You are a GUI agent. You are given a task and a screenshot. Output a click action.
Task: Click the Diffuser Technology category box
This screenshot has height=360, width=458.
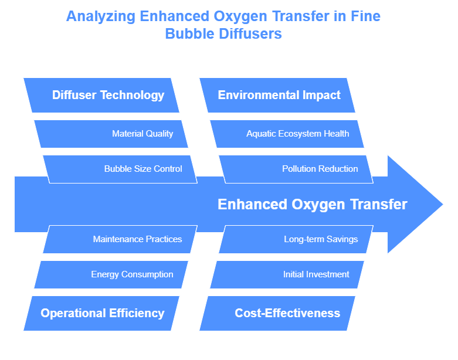click(101, 95)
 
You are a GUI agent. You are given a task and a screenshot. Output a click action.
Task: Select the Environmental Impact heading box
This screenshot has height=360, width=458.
click(277, 95)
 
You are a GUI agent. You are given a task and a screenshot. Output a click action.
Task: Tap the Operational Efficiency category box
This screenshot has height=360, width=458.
click(101, 313)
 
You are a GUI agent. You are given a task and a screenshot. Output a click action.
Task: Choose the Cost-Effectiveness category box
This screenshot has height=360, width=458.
click(277, 313)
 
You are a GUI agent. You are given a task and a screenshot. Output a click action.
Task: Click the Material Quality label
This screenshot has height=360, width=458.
click(143, 134)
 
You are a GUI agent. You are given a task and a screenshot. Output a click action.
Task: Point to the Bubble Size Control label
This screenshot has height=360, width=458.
click(143, 169)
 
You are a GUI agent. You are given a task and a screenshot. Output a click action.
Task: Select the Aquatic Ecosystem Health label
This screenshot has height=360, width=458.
click(298, 134)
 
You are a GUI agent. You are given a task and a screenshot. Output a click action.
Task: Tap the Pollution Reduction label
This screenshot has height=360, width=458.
click(320, 169)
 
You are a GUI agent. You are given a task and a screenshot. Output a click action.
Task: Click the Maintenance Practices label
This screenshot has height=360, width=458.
click(137, 239)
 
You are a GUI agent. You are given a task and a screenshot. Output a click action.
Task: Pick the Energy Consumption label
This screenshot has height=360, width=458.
click(132, 274)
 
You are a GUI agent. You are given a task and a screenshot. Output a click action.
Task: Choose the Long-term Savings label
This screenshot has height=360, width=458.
click(321, 239)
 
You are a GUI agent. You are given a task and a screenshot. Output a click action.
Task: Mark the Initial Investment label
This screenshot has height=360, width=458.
click(316, 274)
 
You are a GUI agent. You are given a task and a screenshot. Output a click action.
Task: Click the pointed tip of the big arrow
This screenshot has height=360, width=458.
click(443, 204)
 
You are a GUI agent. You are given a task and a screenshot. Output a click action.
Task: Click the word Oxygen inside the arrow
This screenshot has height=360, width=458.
click(318, 205)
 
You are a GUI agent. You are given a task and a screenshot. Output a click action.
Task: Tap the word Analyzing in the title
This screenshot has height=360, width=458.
click(101, 16)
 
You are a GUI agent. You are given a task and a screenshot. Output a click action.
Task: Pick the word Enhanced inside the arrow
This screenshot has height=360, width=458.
click(252, 204)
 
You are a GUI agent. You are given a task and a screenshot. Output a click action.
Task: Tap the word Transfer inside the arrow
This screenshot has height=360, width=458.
click(379, 204)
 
